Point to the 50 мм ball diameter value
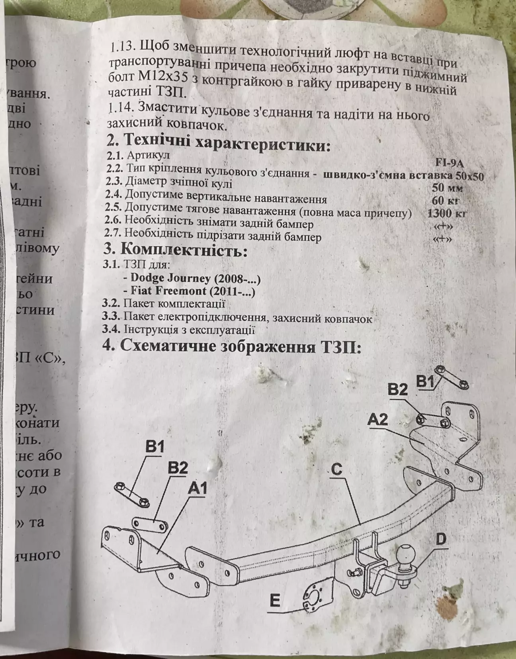(x=448, y=187)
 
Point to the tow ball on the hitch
(x=405, y=553)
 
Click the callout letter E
(x=275, y=600)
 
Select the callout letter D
(x=441, y=540)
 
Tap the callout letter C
(x=337, y=469)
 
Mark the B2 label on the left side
(x=178, y=467)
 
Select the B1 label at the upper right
(x=425, y=381)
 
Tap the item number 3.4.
(x=111, y=330)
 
